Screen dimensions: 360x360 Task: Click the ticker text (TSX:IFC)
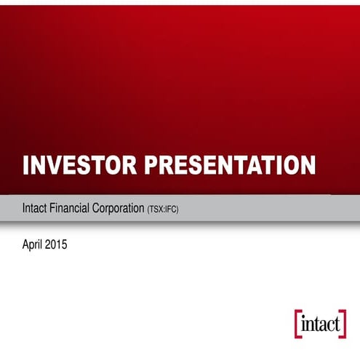pyautogui.click(x=163, y=209)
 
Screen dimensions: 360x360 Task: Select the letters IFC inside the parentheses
pyautogui.click(x=170, y=209)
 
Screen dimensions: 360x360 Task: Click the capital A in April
pyautogui.click(x=26, y=245)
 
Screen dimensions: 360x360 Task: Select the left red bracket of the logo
pyautogui.click(x=297, y=324)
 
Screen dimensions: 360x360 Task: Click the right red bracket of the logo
pyautogui.click(x=343, y=324)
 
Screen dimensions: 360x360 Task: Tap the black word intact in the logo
pyautogui.click(x=321, y=324)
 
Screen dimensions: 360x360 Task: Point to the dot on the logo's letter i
pyautogui.click(x=303, y=316)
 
